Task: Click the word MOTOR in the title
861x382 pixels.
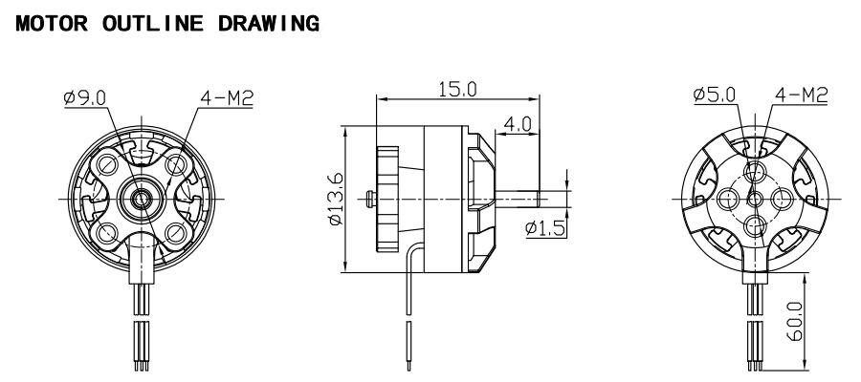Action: (52, 24)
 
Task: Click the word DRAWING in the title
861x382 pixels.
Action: (268, 24)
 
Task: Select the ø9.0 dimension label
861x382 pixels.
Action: (84, 97)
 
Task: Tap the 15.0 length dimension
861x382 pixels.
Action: (457, 89)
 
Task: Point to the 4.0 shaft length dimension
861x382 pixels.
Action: (518, 124)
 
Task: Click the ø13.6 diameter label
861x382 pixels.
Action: (335, 199)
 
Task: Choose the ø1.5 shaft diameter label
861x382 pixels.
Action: (545, 228)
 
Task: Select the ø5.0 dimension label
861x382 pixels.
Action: (715, 95)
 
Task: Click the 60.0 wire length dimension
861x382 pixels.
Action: (795, 321)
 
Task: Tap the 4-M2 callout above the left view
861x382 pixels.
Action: (226, 97)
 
